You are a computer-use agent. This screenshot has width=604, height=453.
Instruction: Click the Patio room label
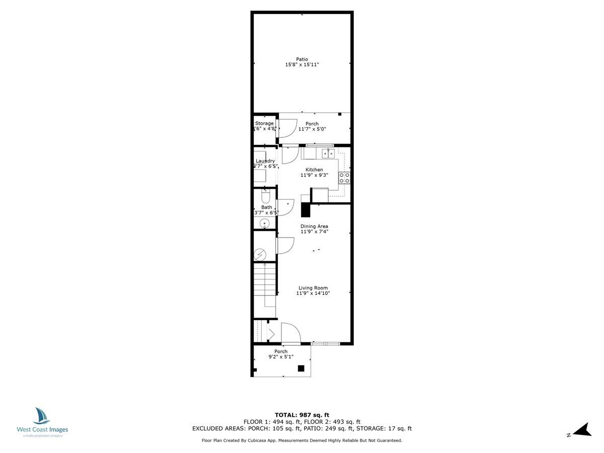tap(302, 59)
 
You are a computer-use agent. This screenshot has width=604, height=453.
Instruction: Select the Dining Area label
tap(314, 226)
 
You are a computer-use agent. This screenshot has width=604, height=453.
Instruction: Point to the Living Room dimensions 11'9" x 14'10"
tap(313, 293)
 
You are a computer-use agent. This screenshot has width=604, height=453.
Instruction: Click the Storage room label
tap(264, 123)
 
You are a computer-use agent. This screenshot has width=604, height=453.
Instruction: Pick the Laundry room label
tap(265, 161)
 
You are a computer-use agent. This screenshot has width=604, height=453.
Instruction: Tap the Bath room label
tap(266, 207)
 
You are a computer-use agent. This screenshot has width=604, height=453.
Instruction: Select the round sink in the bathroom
tap(265, 223)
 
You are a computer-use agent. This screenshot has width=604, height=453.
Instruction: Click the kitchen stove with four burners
tap(345, 178)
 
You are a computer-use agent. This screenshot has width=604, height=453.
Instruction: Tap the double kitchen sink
tap(328, 153)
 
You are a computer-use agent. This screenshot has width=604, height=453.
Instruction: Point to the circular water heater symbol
tap(260, 255)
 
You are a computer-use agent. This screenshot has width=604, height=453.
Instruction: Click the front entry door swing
tap(290, 333)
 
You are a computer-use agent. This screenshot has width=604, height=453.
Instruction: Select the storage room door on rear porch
tap(287, 128)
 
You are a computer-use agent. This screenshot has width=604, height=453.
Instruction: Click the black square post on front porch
tap(301, 368)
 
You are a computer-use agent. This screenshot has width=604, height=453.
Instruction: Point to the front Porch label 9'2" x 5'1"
tap(281, 354)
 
